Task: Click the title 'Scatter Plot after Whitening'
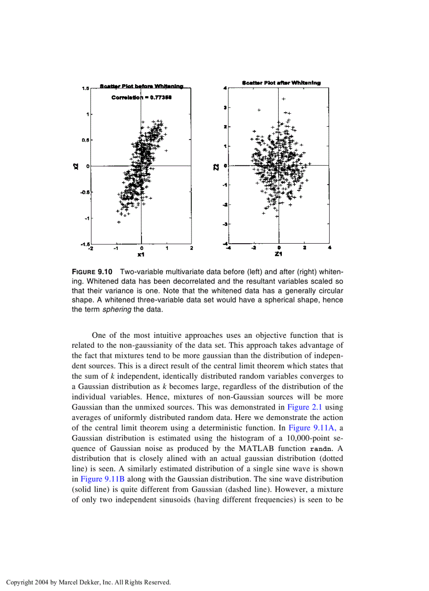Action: point(281,83)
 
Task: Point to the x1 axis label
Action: point(141,255)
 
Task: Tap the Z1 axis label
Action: point(279,255)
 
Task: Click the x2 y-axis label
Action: point(76,166)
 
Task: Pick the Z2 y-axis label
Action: point(216,167)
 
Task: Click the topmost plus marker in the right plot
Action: point(283,99)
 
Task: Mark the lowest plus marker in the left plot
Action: point(119,222)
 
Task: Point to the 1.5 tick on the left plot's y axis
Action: point(85,88)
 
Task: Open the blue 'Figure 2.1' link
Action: point(302,407)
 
